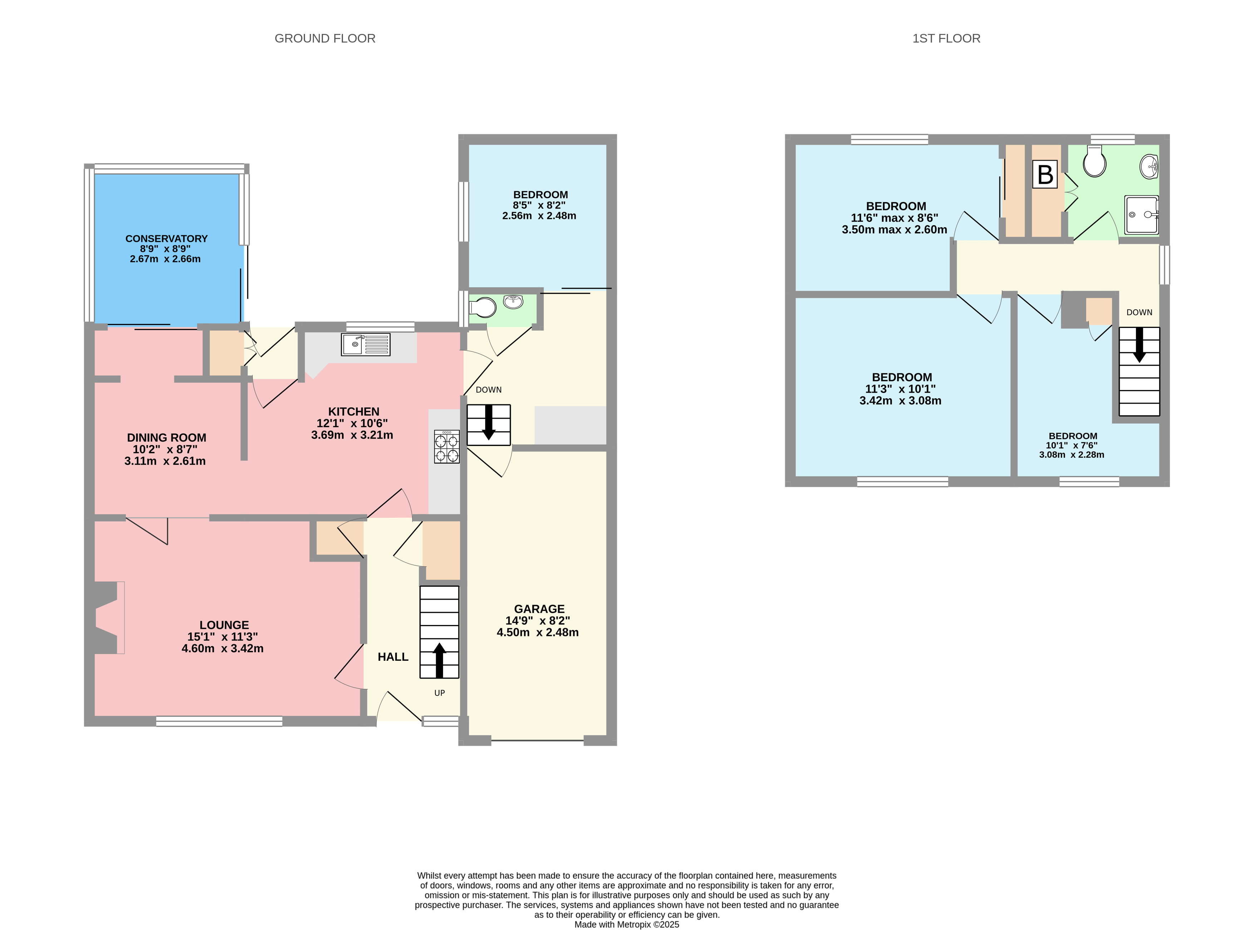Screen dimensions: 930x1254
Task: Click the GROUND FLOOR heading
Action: (325, 38)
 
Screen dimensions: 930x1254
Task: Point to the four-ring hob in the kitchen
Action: (446, 447)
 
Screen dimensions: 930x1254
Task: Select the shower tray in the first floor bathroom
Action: (1141, 215)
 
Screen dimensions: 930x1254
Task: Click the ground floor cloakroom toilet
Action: (483, 307)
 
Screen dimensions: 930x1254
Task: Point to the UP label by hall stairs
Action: (439, 693)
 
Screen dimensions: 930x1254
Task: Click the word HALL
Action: (393, 657)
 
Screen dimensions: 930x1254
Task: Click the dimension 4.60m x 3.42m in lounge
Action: (222, 649)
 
